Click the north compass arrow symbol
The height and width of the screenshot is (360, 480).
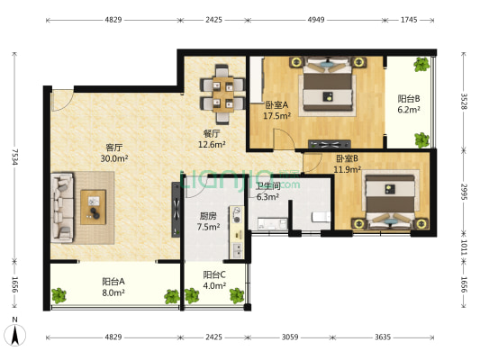(14, 335)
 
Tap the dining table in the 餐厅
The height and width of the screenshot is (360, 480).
(223, 94)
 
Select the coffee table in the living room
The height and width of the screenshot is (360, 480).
(94, 207)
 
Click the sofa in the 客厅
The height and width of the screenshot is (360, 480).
(62, 208)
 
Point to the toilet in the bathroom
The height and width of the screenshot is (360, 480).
(321, 217)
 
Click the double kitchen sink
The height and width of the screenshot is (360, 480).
(237, 249)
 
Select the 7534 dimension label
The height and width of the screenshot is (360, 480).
(14, 157)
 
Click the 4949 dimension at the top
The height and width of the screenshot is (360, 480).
(316, 20)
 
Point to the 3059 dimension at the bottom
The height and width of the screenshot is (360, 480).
(290, 337)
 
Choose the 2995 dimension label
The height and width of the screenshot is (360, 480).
(464, 192)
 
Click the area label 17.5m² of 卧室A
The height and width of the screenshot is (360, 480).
(277, 116)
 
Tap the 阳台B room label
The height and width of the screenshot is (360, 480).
(409, 99)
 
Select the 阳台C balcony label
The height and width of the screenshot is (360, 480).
(214, 275)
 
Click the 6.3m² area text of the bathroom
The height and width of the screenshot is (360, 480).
(267, 197)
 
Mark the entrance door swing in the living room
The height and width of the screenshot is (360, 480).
(62, 100)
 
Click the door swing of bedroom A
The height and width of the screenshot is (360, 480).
(284, 139)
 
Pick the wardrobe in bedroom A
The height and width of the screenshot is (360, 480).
(257, 80)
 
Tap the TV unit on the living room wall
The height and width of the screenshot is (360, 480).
(176, 210)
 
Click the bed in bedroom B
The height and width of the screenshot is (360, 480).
(390, 202)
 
